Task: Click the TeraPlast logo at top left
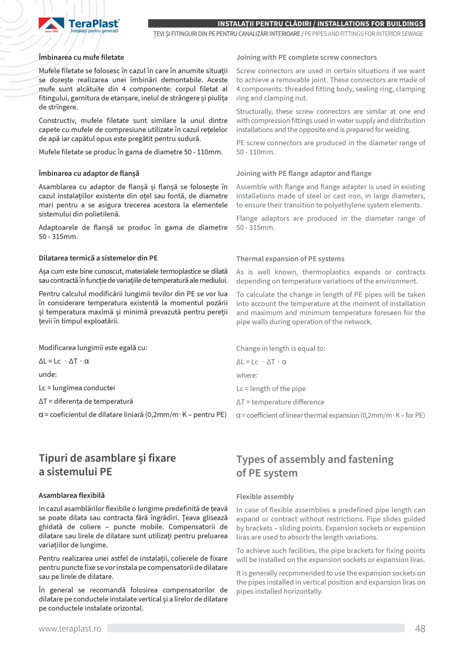pos(79,25)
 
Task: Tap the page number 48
pos(420,628)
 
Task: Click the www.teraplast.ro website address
pos(70,629)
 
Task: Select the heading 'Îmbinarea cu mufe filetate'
pos(81,57)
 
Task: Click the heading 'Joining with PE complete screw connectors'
pos(306,57)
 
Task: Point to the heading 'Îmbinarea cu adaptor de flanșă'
pos(89,173)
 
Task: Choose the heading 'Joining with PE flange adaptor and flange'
pos(304,173)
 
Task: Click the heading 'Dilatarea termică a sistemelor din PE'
pos(98,258)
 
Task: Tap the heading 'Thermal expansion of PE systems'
pos(290,258)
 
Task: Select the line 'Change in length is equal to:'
pos(280,348)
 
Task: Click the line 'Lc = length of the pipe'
pos(271,388)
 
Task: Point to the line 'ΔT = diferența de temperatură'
pos(86,402)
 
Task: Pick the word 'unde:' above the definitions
pos(48,374)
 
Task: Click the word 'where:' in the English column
pos(247,375)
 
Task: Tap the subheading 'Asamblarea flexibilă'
pos(72,495)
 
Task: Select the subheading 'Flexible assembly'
pos(265,496)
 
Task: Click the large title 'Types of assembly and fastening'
pos(315,460)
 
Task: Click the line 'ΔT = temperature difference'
pos(280,402)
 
